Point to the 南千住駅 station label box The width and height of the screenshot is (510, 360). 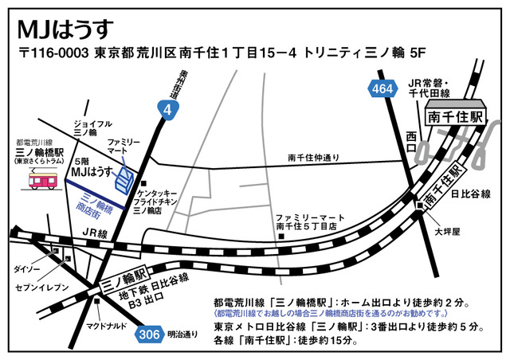[455, 116]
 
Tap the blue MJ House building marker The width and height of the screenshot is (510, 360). [124, 179]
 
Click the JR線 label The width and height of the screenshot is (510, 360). [94, 233]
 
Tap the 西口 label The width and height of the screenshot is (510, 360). [411, 138]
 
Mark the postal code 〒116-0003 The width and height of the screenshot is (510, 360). [54, 56]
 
